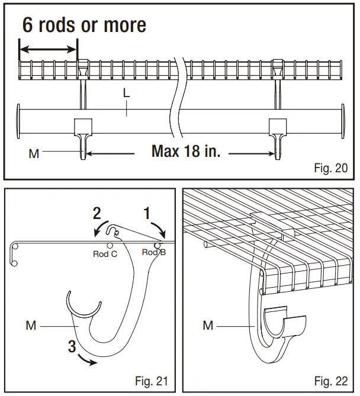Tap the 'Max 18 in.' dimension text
click(186, 151)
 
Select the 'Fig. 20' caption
click(330, 168)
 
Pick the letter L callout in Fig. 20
click(126, 93)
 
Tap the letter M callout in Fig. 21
click(31, 324)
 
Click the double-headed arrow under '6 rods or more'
click(48, 49)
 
